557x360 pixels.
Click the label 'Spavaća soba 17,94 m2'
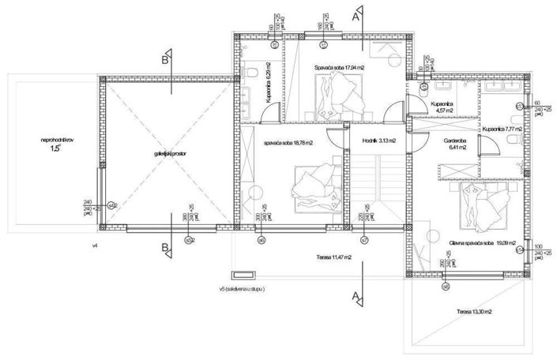(x=339, y=67)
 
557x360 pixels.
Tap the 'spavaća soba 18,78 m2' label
(x=288, y=143)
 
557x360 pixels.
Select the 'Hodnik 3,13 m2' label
(x=378, y=142)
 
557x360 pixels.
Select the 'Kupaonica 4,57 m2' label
(x=442, y=107)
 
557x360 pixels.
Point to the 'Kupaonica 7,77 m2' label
(x=503, y=128)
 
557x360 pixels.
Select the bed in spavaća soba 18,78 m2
(x=315, y=189)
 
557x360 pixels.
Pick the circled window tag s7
(x=363, y=239)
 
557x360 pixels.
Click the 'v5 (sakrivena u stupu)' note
(x=254, y=289)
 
